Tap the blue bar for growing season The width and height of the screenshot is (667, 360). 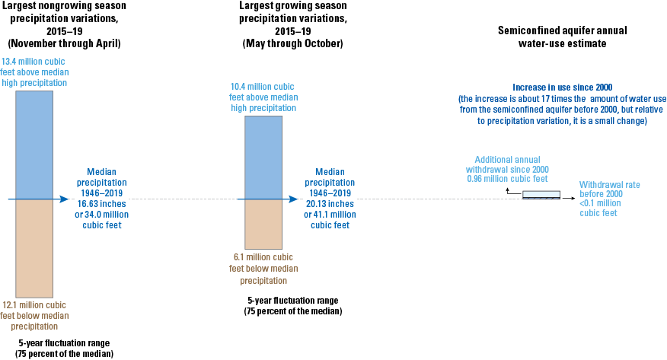[x=263, y=158]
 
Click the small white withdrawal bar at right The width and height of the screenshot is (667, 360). [x=541, y=194]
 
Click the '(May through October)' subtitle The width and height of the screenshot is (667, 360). [x=292, y=43]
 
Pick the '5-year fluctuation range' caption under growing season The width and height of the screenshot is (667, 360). [x=292, y=305]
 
